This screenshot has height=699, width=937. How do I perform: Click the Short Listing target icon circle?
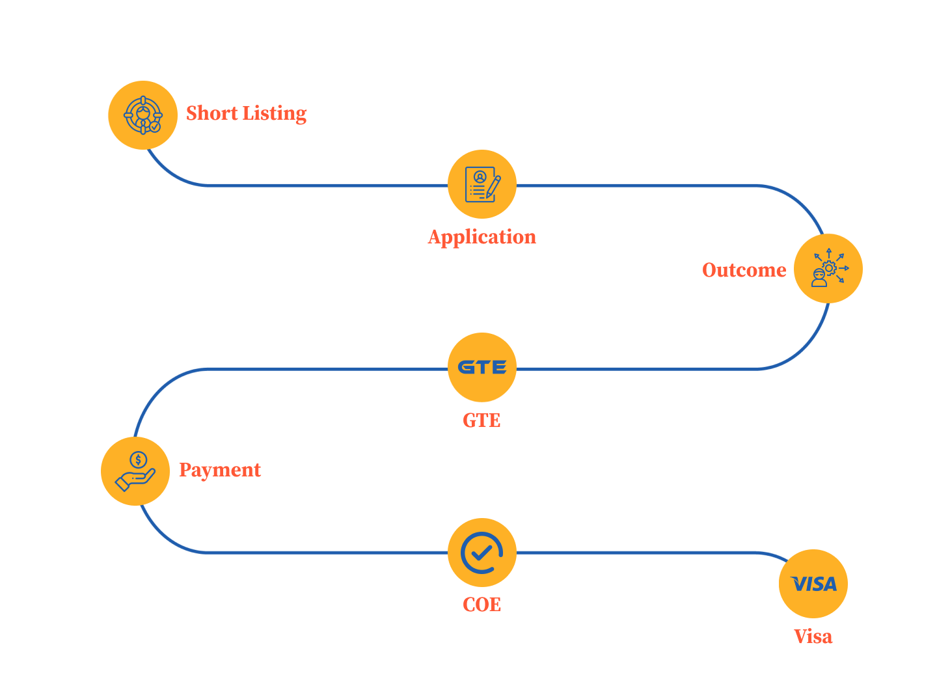(143, 115)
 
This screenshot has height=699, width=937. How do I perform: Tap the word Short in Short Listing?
(212, 113)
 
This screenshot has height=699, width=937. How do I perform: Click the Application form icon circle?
(482, 185)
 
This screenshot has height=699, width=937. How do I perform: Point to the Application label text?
(482, 237)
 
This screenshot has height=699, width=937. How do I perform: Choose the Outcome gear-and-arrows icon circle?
(828, 268)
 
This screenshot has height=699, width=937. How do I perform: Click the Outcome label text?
(744, 270)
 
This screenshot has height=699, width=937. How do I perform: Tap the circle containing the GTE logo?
(482, 368)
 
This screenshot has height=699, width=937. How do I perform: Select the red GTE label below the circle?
(482, 420)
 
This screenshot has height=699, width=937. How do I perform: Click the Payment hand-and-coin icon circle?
(135, 471)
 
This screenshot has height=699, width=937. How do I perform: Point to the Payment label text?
(220, 470)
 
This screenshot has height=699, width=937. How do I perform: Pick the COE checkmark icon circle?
(482, 553)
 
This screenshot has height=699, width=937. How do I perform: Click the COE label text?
(482, 605)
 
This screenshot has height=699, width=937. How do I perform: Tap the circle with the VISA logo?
(813, 584)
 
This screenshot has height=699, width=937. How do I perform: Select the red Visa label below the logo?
(813, 637)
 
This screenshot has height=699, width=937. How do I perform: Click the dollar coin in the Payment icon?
(138, 460)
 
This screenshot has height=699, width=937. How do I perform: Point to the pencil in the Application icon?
(493, 187)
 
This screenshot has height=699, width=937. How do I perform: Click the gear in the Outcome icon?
(829, 267)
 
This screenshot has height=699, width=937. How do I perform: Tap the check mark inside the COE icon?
(482, 553)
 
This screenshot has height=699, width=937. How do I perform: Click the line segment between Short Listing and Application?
(325, 185)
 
